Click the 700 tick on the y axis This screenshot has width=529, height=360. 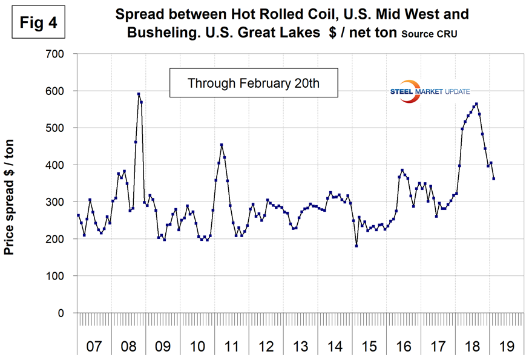[61, 54]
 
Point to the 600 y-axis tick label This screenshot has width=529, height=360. [61, 91]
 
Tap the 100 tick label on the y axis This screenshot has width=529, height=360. [61, 276]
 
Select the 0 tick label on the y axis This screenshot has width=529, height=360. [67, 313]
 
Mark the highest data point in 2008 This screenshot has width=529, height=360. [139, 94]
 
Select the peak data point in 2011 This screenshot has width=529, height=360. [222, 145]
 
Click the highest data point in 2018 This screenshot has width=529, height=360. [476, 103]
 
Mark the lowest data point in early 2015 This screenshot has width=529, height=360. [356, 246]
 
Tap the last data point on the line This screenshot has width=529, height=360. [494, 178]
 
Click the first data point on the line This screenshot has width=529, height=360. [78, 215]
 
